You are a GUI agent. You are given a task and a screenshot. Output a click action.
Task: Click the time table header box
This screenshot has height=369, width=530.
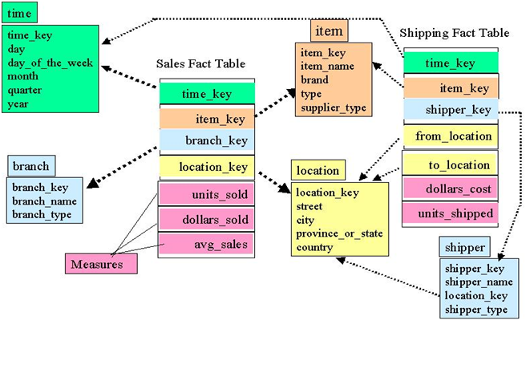19,14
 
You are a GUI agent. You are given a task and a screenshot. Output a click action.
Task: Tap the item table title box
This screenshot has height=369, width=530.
329,31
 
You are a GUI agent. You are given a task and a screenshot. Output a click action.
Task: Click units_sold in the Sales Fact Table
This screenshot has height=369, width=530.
219,195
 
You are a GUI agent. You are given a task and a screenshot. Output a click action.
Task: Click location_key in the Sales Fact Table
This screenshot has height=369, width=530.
212,167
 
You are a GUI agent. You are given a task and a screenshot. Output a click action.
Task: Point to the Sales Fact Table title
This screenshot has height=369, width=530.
200,63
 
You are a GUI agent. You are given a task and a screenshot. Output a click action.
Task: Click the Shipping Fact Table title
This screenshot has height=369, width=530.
454,33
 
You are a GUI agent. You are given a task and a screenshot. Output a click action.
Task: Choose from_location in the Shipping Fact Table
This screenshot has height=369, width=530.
453,136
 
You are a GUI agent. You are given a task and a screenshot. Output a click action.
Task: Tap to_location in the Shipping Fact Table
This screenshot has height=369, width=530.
458,164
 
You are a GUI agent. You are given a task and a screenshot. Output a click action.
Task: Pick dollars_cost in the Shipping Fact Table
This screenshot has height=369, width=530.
458,189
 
